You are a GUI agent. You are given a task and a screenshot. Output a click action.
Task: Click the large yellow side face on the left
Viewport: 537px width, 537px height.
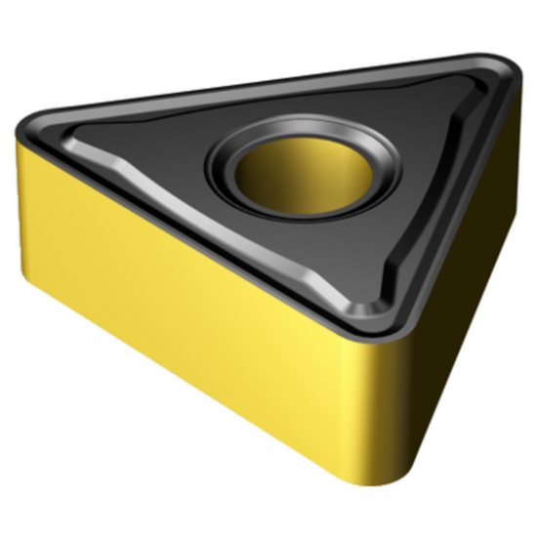pyautogui.click(x=195, y=322)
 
